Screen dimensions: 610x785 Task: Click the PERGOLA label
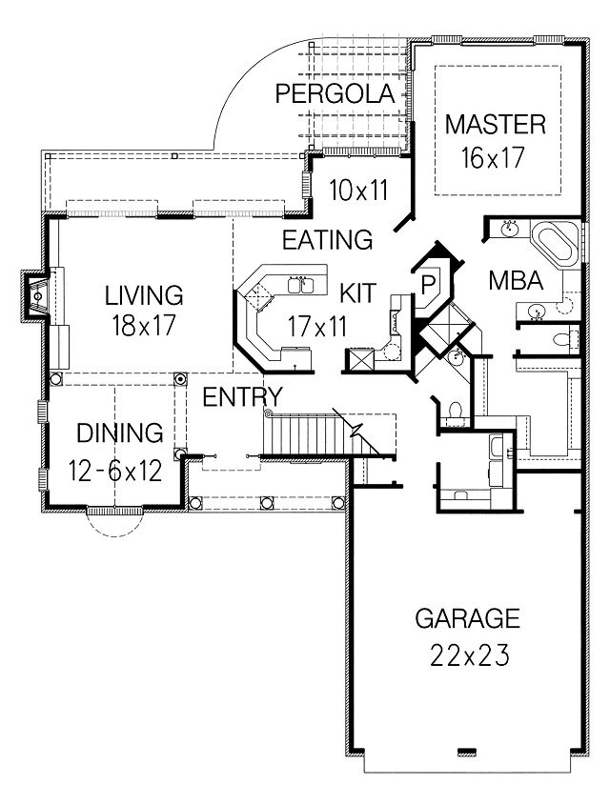click(x=335, y=93)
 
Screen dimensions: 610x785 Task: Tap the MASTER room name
click(x=496, y=125)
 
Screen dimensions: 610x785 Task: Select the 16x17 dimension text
click(x=493, y=158)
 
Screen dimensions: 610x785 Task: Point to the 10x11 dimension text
click(x=358, y=191)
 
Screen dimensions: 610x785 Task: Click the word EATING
click(x=328, y=240)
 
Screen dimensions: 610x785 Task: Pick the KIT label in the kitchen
click(x=357, y=292)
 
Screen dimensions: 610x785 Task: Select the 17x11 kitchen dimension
click(x=317, y=327)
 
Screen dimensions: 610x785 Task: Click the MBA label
click(x=516, y=281)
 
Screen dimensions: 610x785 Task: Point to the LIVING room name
click(x=144, y=295)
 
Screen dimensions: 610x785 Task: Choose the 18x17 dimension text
click(x=144, y=326)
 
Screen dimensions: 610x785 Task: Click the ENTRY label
click(x=243, y=397)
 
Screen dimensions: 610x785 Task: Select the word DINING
click(x=120, y=433)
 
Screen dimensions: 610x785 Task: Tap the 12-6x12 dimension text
click(x=115, y=471)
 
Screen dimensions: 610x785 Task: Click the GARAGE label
click(x=467, y=618)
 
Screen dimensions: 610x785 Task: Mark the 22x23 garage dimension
click(x=470, y=655)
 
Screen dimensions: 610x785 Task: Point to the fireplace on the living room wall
click(x=36, y=296)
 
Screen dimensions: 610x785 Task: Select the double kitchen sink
click(x=300, y=284)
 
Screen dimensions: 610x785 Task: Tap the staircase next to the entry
click(x=320, y=434)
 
